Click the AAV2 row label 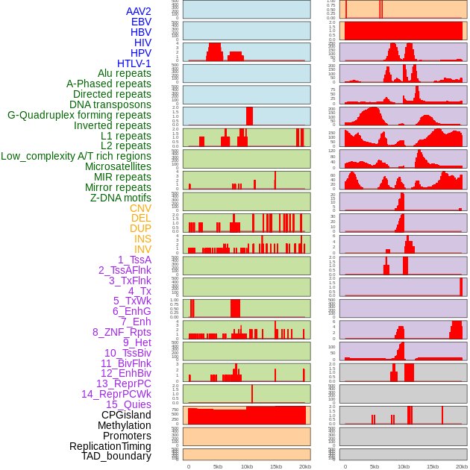click(138, 11)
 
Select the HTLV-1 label click(134, 63)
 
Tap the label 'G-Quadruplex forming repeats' click(79, 115)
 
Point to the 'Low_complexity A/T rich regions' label click(76, 156)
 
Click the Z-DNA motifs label click(120, 198)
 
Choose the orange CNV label click(140, 208)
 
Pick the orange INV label click(142, 249)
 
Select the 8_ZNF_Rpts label click(122, 332)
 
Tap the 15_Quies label click(128, 404)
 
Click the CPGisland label click(126, 415)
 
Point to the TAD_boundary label click(116, 456)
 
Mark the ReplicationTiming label click(110, 446)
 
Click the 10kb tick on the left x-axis click(247, 466)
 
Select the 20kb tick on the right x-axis click(462, 466)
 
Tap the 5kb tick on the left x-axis click(218, 466)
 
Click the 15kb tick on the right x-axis click(433, 466)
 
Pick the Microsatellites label click(118, 166)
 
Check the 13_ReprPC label click(123, 383)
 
